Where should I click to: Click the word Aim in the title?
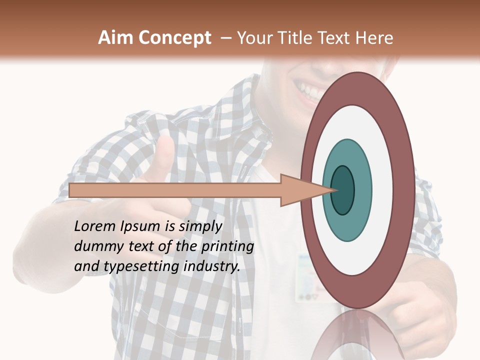(x=115, y=38)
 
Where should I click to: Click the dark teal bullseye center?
(x=342, y=190)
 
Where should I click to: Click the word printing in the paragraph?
(x=227, y=246)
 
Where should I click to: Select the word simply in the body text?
(x=199, y=226)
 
